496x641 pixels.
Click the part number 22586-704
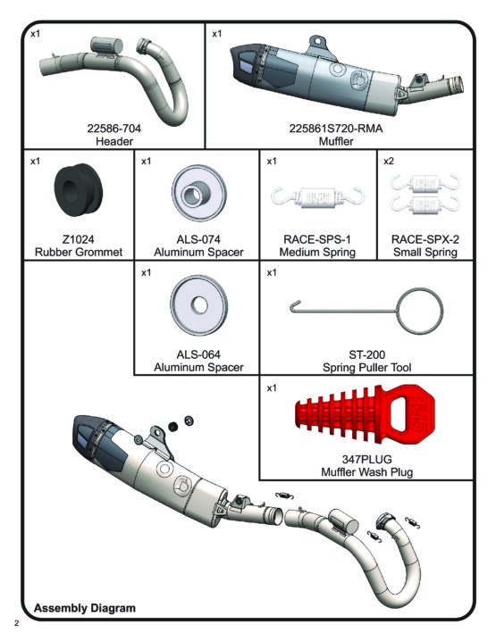coord(113,129)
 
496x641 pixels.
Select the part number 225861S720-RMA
coord(336,129)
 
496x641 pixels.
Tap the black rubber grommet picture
coord(79,190)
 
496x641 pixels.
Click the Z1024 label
coord(78,239)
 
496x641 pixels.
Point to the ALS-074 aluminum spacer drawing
coord(199,193)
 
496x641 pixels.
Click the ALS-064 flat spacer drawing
coord(199,305)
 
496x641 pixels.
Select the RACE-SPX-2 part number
coord(425,239)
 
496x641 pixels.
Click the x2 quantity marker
coord(389,161)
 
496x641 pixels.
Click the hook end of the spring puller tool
coord(292,306)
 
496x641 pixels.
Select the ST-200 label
coord(366,354)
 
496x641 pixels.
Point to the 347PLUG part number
coord(366,459)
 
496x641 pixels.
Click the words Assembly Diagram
coord(85,608)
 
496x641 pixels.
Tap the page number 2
coord(16,623)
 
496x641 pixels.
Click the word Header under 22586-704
coord(114,141)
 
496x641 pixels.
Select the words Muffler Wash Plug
coord(366,472)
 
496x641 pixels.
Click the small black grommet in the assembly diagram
coord(173,427)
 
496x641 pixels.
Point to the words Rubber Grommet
coord(79,253)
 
